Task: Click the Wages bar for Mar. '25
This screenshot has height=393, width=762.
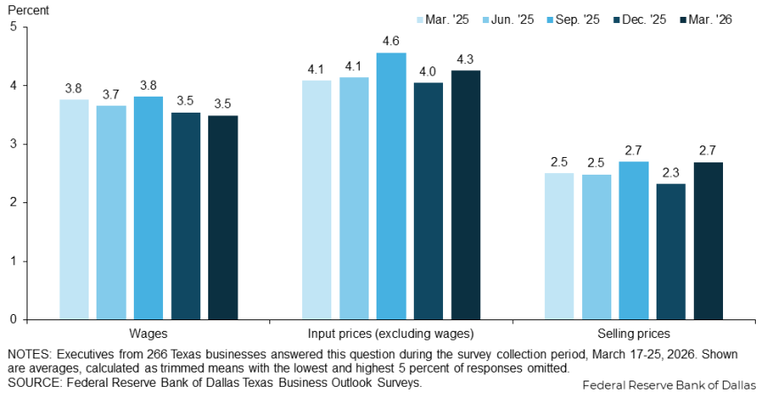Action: (74, 209)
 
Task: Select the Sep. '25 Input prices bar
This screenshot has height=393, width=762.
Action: (391, 185)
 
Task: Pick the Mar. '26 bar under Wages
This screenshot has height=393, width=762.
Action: (222, 217)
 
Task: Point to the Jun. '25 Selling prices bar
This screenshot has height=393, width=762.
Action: (596, 247)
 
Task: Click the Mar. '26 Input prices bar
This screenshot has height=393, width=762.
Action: (465, 194)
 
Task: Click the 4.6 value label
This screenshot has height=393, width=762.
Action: (391, 40)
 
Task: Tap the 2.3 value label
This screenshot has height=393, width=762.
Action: (671, 171)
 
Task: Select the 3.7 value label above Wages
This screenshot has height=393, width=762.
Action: (111, 93)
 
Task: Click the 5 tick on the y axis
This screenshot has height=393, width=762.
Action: (12, 27)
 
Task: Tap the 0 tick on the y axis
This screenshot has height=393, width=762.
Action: (12, 319)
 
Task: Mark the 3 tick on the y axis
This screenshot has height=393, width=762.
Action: (12, 144)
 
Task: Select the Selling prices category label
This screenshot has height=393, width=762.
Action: (634, 334)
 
